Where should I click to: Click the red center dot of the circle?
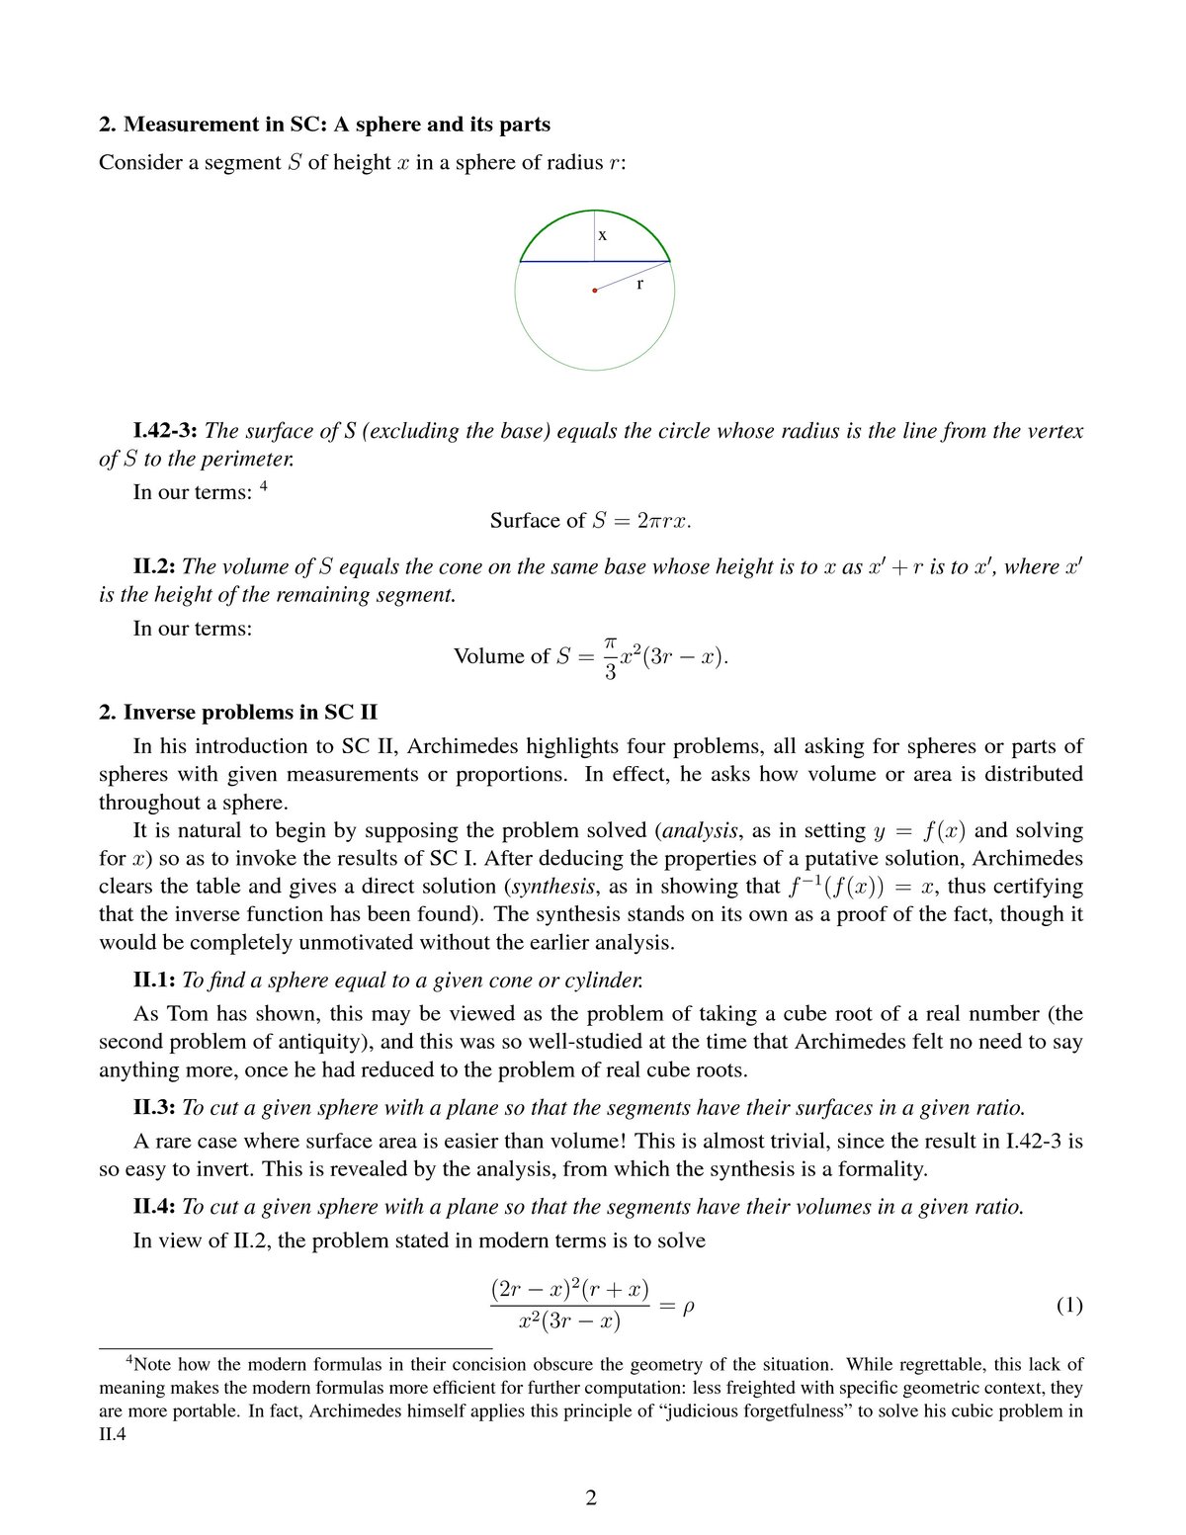[594, 291]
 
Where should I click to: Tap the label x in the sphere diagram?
[602, 235]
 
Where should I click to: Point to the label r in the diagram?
[639, 285]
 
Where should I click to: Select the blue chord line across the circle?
[553, 262]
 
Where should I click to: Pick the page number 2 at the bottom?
[591, 1497]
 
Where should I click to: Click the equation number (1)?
[1069, 1305]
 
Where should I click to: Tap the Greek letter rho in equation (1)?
[688, 1306]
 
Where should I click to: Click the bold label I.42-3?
[165, 431]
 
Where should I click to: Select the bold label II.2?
[154, 566]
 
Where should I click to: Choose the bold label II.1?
[154, 980]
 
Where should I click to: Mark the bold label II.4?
[154, 1207]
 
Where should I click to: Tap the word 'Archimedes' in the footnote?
[353, 1411]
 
